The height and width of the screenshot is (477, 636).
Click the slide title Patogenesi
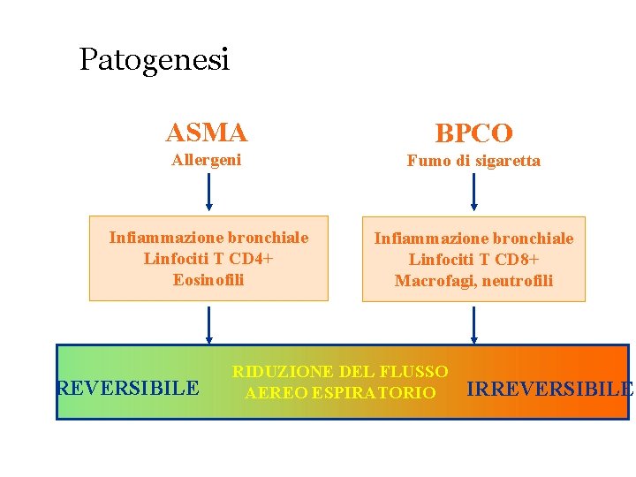[154, 60]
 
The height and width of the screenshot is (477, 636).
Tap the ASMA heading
[207, 132]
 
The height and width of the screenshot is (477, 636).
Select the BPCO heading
[473, 133]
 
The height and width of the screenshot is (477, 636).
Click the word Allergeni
[207, 160]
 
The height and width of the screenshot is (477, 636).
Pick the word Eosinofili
[208, 280]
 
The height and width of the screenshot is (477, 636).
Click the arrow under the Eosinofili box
[209, 323]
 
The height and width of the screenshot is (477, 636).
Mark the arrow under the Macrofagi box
[474, 323]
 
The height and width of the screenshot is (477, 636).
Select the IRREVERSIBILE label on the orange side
[549, 389]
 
